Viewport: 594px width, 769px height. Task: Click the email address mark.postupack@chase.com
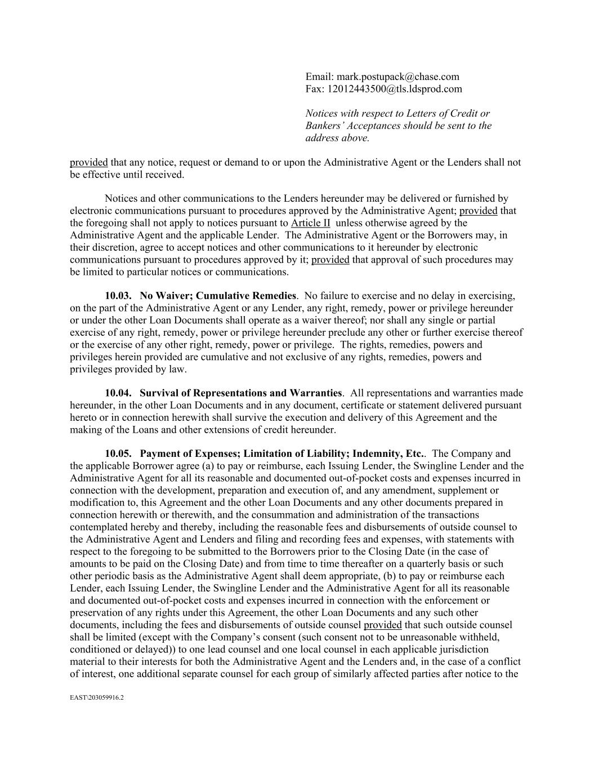(398, 77)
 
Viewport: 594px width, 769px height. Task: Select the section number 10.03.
(118, 296)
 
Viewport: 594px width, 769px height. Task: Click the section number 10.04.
(118, 393)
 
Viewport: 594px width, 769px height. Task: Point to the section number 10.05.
(118, 454)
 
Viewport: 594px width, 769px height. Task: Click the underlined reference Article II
(310, 223)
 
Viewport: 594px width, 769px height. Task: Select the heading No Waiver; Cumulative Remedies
(218, 296)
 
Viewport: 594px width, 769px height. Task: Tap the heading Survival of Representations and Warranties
(240, 393)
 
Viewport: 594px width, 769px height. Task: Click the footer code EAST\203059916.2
(97, 698)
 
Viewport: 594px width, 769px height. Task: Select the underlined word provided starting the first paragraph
(88, 162)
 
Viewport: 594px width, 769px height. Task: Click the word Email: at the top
(320, 77)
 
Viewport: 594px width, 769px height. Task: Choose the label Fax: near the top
(315, 89)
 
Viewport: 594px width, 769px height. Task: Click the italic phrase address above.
(338, 138)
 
